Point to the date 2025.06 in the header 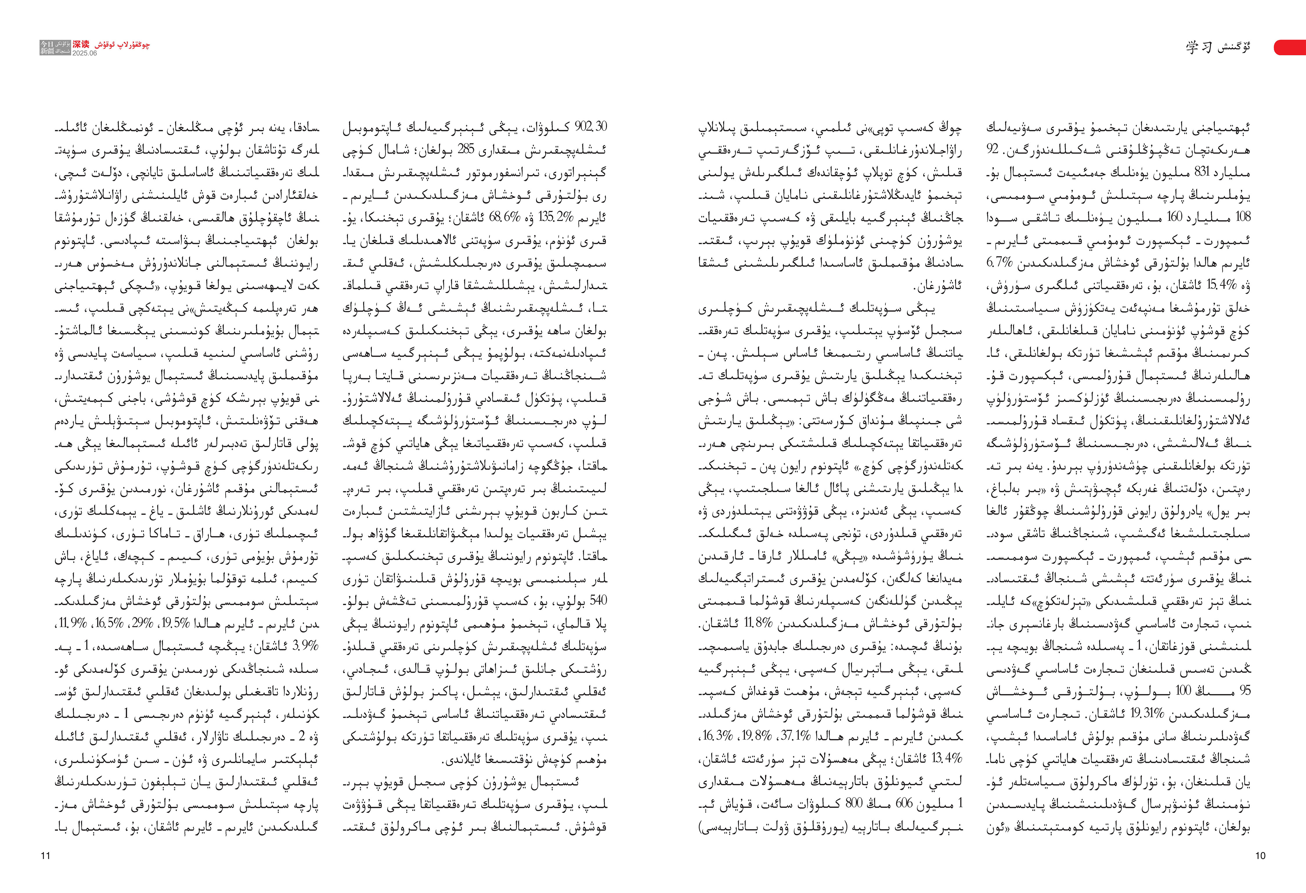(x=84, y=53)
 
